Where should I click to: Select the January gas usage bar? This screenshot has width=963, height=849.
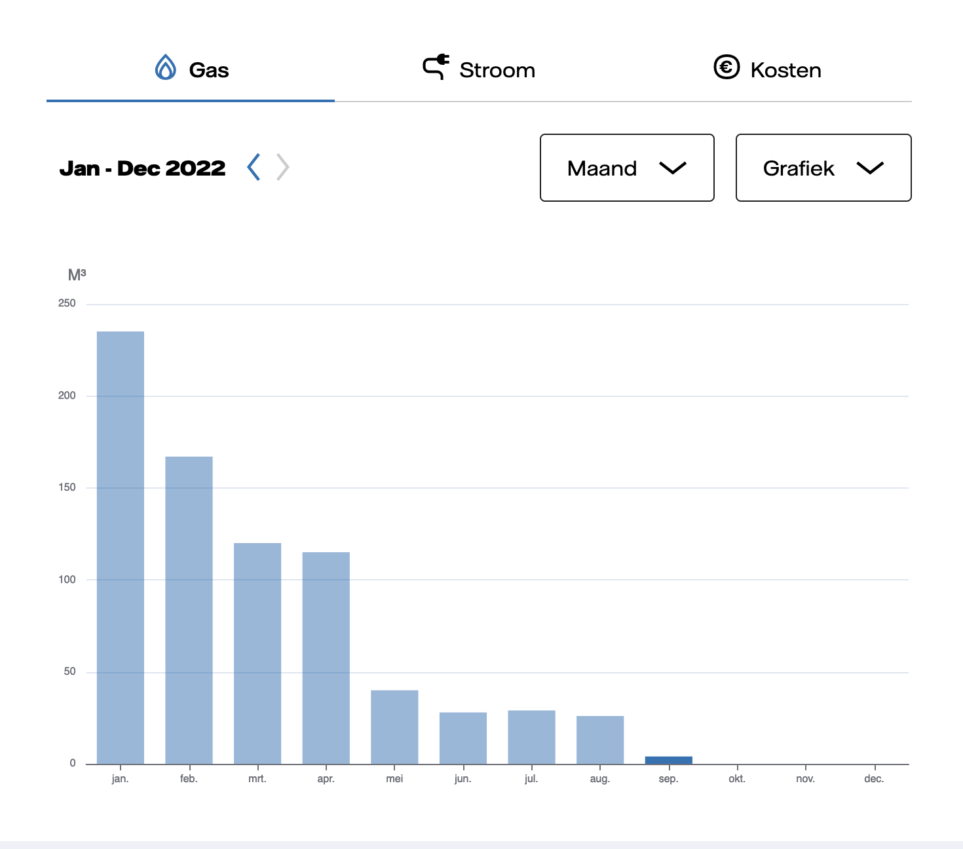tap(121, 548)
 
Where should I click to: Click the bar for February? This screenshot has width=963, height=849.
tap(189, 611)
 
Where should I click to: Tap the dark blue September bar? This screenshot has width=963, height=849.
tap(668, 760)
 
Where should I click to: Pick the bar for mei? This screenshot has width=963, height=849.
tap(394, 727)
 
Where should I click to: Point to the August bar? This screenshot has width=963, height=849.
tap(600, 740)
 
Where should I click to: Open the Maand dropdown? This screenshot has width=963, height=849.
tap(627, 168)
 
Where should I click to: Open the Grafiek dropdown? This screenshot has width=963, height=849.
tap(823, 168)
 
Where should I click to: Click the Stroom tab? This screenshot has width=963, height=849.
tap(479, 68)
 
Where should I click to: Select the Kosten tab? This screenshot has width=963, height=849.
tap(767, 68)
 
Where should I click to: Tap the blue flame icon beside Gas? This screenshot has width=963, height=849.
tap(165, 67)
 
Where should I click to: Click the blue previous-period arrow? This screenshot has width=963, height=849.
tap(254, 167)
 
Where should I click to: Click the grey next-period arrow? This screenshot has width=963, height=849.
tap(283, 167)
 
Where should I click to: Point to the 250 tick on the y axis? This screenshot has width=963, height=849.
tap(67, 303)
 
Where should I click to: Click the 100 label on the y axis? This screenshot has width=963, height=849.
tap(67, 580)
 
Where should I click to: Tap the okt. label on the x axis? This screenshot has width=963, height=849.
tap(737, 779)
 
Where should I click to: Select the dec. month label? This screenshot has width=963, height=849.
tap(874, 779)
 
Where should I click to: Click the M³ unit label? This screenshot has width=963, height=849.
tap(77, 274)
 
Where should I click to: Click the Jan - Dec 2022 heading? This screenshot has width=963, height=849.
tap(143, 168)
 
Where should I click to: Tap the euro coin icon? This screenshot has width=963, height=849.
tap(727, 67)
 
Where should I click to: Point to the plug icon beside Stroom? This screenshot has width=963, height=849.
tap(436, 67)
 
